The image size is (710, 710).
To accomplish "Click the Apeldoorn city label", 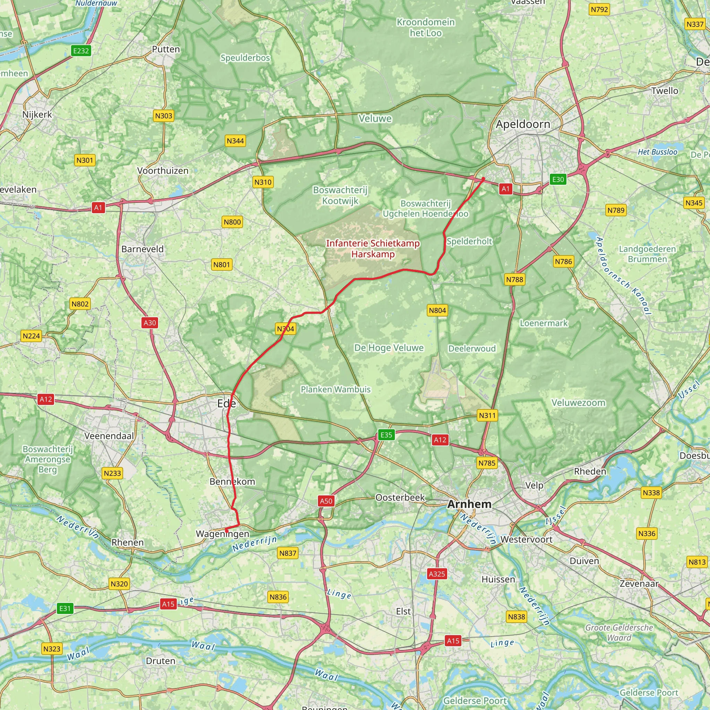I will coord(522,124).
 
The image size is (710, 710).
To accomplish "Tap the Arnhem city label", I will coord(469,504).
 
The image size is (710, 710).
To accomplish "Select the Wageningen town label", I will coord(222,534).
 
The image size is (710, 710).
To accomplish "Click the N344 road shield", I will coord(235,141).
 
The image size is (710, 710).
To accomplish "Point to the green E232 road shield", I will coord(81,51).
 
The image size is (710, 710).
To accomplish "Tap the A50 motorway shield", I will coord(326,501).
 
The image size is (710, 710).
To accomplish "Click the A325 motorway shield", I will coord(436,574).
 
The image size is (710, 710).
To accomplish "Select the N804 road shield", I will coord(437,311).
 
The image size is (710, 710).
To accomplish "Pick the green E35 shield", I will coord(386,435).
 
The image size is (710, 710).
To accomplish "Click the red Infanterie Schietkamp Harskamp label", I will coord(373,249).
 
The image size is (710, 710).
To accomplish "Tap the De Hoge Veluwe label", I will coord(389,348).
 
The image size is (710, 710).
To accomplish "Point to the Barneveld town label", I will coord(142,249).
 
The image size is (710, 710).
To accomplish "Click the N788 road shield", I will coord(514,279).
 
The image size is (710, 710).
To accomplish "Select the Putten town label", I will coord(166,49).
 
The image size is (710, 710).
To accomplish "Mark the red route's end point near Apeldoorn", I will coord(483,179).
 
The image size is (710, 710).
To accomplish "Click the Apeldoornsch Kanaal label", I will coord(623,276).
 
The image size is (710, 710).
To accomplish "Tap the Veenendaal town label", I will coord(109,436).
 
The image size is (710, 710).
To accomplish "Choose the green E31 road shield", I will coord(65,608).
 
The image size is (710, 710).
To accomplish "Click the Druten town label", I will coord(160,661).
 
